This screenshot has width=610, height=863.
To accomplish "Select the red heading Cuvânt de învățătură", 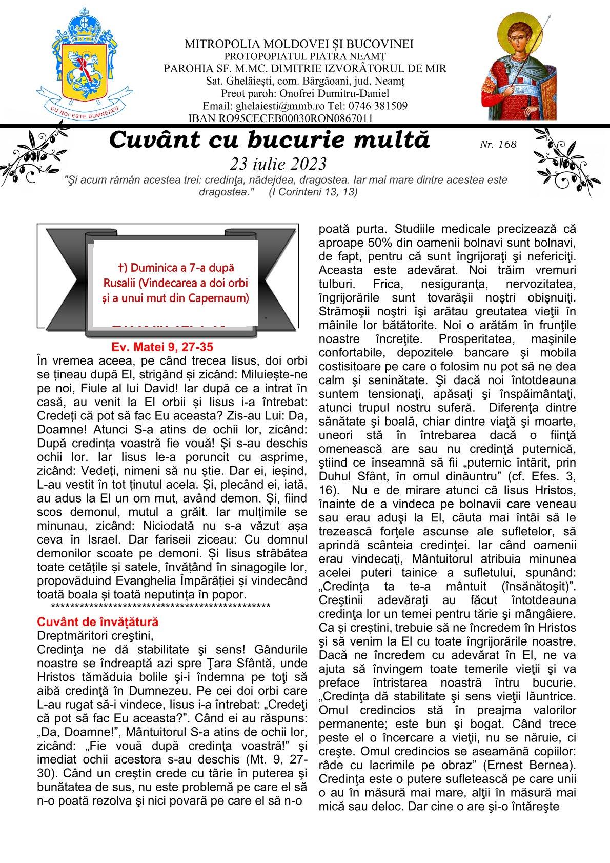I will [x=98, y=622].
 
